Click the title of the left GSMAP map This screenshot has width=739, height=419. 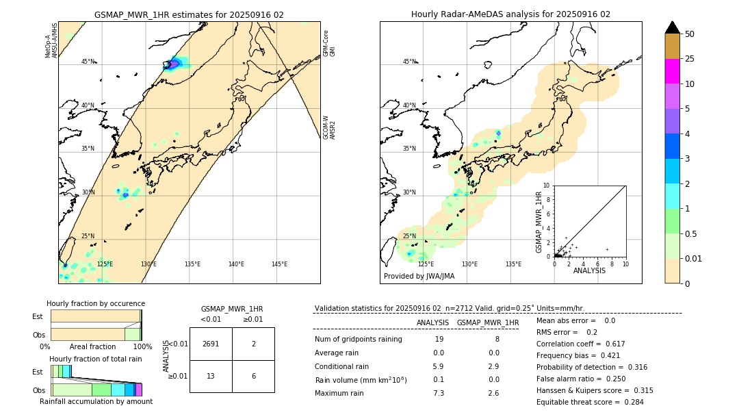pyautogui.click(x=189, y=14)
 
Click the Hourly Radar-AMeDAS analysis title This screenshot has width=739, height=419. pyautogui.click(x=510, y=14)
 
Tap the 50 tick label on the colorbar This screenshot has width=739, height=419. pyautogui.click(x=690, y=34)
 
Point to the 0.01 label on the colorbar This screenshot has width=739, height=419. pyautogui.click(x=694, y=258)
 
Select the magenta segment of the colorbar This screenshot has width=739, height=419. pyautogui.click(x=672, y=71)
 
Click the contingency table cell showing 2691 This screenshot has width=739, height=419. pyautogui.click(x=211, y=344)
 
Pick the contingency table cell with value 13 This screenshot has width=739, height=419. pyautogui.click(x=211, y=376)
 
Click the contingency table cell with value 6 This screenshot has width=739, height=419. pyautogui.click(x=253, y=376)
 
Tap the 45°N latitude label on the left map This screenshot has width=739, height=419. pyautogui.click(x=88, y=62)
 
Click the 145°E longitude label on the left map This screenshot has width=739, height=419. pyautogui.click(x=279, y=264)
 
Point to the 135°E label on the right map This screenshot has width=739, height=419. pyautogui.click(x=513, y=264)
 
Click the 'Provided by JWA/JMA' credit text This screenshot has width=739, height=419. pyautogui.click(x=419, y=277)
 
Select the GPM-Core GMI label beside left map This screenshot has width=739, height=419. pyautogui.click(x=328, y=42)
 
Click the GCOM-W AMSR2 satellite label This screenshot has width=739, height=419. pyautogui.click(x=328, y=127)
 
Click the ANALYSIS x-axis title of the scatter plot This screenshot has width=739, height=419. pyautogui.click(x=589, y=270)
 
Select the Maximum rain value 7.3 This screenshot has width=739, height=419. pyautogui.click(x=439, y=393)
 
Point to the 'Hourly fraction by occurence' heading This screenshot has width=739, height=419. pyautogui.click(x=96, y=303)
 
